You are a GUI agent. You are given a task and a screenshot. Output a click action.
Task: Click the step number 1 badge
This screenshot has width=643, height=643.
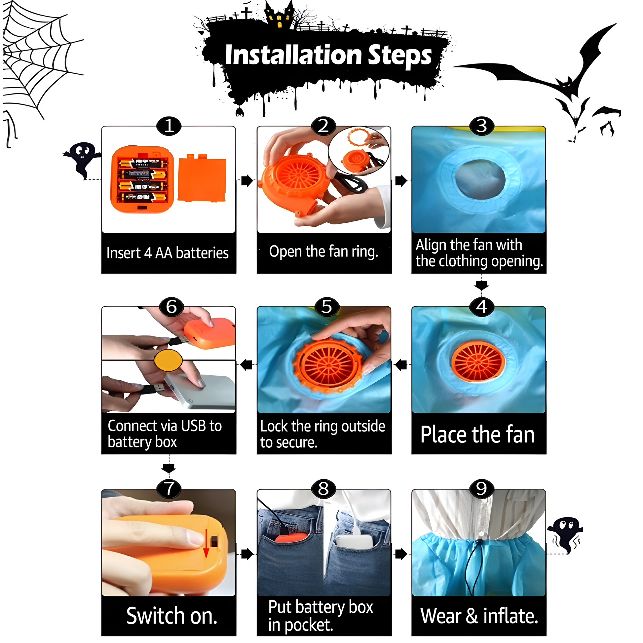(x=169, y=126)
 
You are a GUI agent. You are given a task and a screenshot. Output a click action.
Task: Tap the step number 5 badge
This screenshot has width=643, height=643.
(x=326, y=307)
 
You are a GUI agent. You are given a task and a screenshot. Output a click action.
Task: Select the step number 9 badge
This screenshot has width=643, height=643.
(x=481, y=489)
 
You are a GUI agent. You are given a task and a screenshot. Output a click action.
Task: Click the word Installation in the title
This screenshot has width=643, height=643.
(x=293, y=55)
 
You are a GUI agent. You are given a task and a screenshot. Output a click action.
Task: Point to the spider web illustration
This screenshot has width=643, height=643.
(x=40, y=60)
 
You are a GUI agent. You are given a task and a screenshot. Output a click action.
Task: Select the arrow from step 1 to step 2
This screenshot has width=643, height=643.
(x=247, y=181)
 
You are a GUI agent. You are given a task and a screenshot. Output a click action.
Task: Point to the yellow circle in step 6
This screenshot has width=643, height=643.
(x=168, y=360)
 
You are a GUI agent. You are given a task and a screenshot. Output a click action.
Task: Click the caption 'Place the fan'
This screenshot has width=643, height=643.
(x=477, y=435)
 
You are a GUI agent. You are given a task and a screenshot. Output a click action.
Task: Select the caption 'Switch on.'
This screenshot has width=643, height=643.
(x=172, y=616)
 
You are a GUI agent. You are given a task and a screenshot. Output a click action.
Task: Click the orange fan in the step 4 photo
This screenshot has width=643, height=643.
(x=478, y=362)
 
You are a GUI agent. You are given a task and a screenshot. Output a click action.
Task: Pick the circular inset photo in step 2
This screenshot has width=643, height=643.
(x=359, y=151)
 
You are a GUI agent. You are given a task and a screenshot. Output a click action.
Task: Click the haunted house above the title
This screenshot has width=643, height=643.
(x=280, y=15)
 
